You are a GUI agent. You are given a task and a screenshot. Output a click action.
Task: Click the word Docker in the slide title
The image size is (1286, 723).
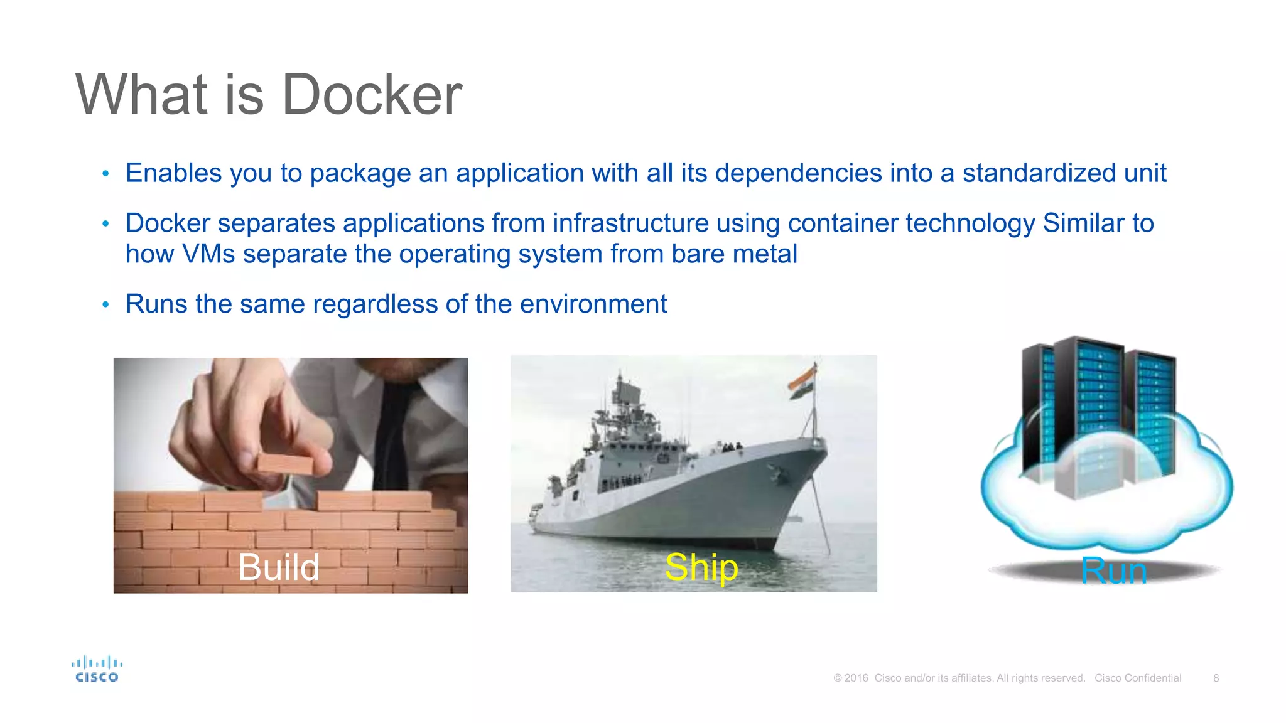click(372, 95)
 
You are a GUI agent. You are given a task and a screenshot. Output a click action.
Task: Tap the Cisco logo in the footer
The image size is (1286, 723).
click(97, 669)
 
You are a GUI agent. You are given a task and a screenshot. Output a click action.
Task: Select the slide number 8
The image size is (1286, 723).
click(1216, 678)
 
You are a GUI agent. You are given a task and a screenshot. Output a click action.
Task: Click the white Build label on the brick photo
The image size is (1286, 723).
click(279, 567)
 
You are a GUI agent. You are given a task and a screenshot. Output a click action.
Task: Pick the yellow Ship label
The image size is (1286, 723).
click(701, 567)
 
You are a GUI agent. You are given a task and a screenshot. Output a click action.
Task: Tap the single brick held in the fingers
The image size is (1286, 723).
click(285, 464)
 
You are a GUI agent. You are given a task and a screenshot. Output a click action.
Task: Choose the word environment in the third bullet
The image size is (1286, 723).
click(593, 304)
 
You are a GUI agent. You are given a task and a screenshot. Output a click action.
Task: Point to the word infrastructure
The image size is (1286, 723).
click(630, 223)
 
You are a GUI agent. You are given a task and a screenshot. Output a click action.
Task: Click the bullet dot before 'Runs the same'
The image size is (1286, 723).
click(106, 305)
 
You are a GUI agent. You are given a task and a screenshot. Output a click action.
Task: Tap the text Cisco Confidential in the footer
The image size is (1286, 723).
click(1138, 678)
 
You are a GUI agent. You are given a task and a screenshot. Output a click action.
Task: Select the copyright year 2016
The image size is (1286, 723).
click(856, 678)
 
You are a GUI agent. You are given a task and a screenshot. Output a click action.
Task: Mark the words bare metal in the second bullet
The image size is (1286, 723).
click(734, 254)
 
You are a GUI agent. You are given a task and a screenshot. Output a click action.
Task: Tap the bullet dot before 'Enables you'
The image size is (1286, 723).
click(106, 174)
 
